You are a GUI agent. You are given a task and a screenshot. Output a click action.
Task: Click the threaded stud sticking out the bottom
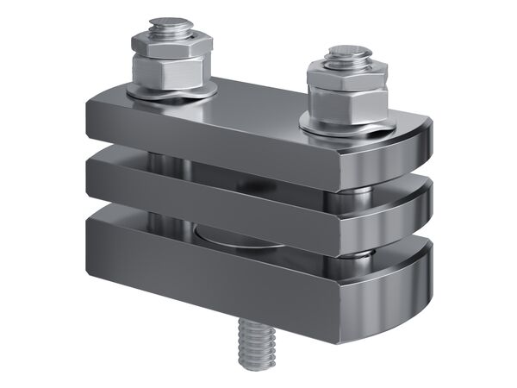[254, 343]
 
